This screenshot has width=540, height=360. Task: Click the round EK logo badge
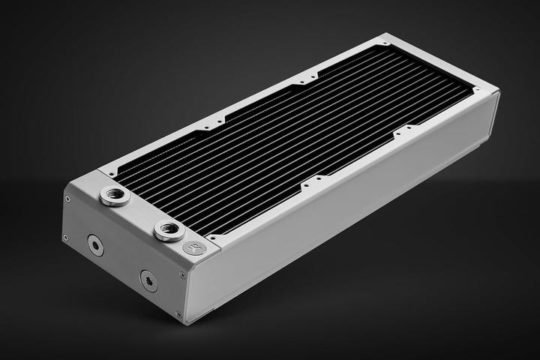[x=193, y=247]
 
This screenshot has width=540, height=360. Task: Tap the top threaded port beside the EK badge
[x=166, y=230]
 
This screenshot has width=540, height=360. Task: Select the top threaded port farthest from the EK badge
[x=115, y=196]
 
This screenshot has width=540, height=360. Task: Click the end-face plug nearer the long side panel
[x=148, y=280]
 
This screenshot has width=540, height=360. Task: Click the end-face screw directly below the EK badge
[x=181, y=274]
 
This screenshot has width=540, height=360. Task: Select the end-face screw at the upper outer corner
[x=67, y=199]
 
